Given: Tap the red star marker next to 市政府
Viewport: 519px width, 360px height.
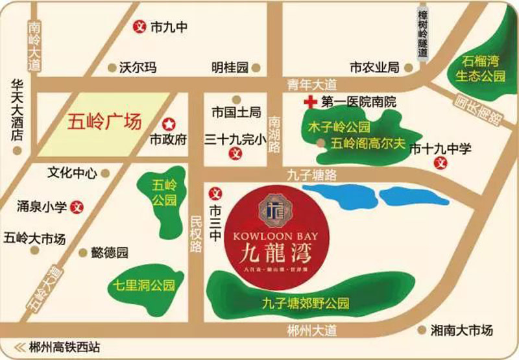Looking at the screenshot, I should [169, 123].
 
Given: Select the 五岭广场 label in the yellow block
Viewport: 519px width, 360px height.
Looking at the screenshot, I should [104, 122].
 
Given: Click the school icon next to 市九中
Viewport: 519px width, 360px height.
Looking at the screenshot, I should [138, 28].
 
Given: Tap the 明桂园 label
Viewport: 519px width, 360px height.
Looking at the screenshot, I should [230, 67].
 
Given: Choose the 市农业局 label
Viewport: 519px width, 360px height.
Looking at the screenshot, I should [374, 67].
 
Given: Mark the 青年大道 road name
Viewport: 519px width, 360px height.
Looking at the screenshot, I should [313, 84].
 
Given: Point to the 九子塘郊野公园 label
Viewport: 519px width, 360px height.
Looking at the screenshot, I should [306, 303].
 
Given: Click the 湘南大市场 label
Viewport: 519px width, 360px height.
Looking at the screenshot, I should [461, 330].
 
